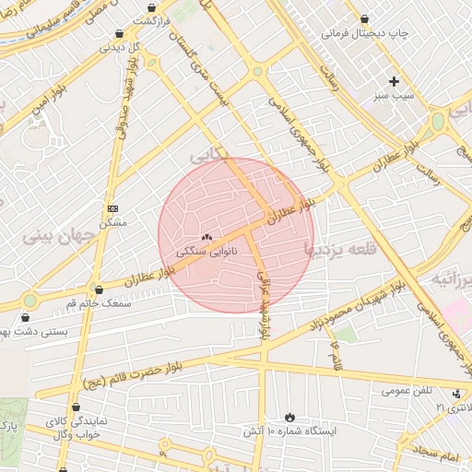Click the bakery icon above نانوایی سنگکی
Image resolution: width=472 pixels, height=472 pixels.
point(206,238)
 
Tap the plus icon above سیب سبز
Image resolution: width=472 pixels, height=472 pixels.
point(395,81)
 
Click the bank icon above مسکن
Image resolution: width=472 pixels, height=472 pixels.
point(112,209)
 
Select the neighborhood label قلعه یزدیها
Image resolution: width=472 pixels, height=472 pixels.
point(340,247)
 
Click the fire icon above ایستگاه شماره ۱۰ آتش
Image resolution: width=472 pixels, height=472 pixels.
point(291,418)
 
